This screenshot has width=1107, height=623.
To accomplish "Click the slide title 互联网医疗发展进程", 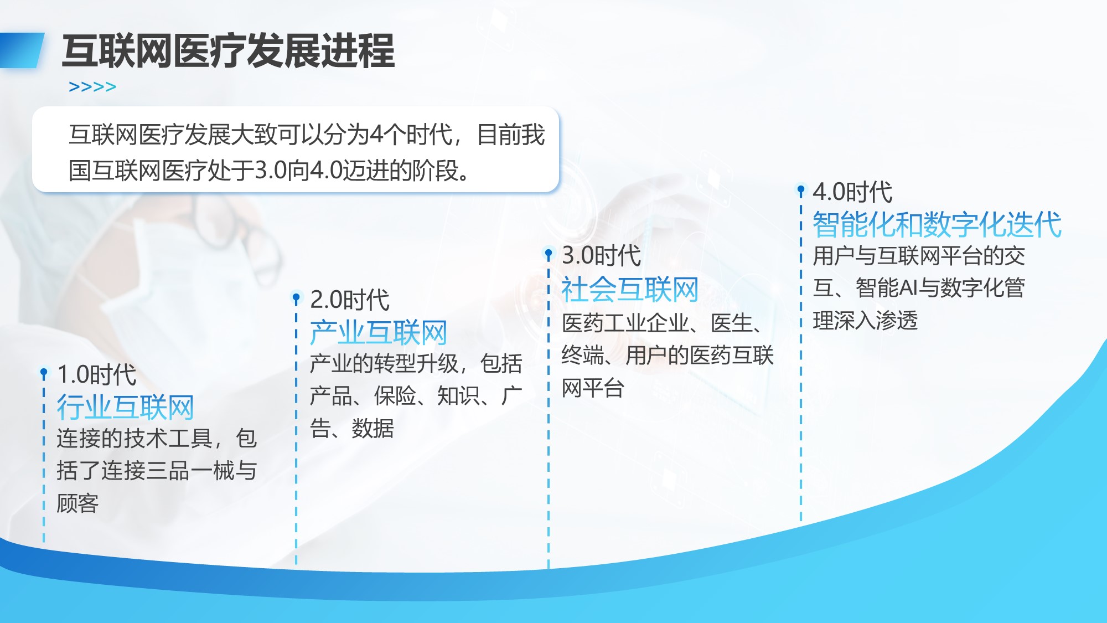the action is pyautogui.click(x=229, y=51).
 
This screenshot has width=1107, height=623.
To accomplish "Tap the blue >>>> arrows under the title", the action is pyautogui.click(x=92, y=87).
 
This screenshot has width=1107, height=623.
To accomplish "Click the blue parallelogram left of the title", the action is pyautogui.click(x=22, y=50).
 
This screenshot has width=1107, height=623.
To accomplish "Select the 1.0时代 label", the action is pyautogui.click(x=97, y=375).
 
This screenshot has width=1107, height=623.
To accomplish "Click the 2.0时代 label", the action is pyautogui.click(x=350, y=300).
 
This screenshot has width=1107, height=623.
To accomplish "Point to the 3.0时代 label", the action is pyautogui.click(x=602, y=255).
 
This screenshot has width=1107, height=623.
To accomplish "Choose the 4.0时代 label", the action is pyautogui.click(x=852, y=192).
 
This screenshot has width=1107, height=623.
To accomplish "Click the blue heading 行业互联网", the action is pyautogui.click(x=126, y=407).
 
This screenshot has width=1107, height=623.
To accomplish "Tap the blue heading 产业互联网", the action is pyautogui.click(x=379, y=332).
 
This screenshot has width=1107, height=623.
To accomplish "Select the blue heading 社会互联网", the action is pyautogui.click(x=630, y=289).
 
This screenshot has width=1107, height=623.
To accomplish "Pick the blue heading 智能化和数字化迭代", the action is pyautogui.click(x=937, y=224).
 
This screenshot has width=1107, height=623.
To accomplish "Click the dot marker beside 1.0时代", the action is pyautogui.click(x=44, y=373).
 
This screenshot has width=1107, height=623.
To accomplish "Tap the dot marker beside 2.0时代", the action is pyautogui.click(x=296, y=297).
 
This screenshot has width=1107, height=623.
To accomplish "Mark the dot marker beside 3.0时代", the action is pyautogui.click(x=549, y=254).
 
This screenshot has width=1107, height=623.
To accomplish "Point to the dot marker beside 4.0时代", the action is pyautogui.click(x=801, y=190).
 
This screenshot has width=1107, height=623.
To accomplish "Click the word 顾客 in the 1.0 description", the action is pyautogui.click(x=77, y=503).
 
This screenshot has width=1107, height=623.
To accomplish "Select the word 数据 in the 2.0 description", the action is pyautogui.click(x=373, y=429).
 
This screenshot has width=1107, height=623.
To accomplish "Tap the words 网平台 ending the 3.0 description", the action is pyautogui.click(x=593, y=388).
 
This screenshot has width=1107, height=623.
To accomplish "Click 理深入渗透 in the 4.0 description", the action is pyautogui.click(x=865, y=321).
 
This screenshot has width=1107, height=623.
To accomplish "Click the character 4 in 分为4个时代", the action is pyautogui.click(x=376, y=135).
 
